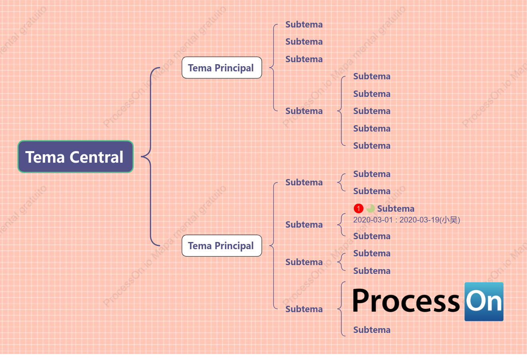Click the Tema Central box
click(x=75, y=157)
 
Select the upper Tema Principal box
click(x=222, y=68)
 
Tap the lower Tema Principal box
click(x=222, y=246)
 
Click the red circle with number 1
click(x=358, y=209)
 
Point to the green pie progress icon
click(x=371, y=209)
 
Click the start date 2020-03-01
click(x=373, y=220)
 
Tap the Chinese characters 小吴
click(x=449, y=220)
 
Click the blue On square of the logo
click(x=484, y=301)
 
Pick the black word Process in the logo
click(x=406, y=301)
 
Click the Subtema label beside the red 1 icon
click(x=396, y=209)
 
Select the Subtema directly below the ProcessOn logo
click(x=372, y=330)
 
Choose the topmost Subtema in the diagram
click(x=304, y=24)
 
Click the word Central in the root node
click(x=97, y=157)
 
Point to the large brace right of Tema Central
click(x=150, y=156)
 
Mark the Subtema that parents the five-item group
click(x=304, y=111)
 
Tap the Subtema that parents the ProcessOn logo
click(x=304, y=309)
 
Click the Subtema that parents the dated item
click(x=304, y=224)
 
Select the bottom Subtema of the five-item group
click(x=372, y=146)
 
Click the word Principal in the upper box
click(x=234, y=68)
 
